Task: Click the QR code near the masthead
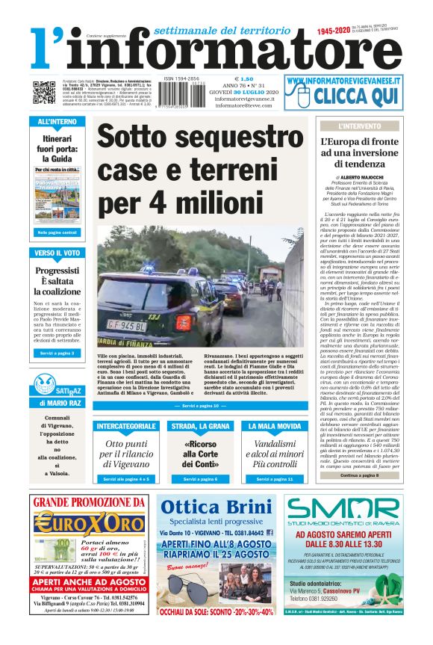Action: (43, 93)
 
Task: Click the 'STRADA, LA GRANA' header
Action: (200, 426)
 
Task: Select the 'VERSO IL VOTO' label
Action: (57, 253)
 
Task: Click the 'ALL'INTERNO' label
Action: (57, 121)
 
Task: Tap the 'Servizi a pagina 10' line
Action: (200, 406)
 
